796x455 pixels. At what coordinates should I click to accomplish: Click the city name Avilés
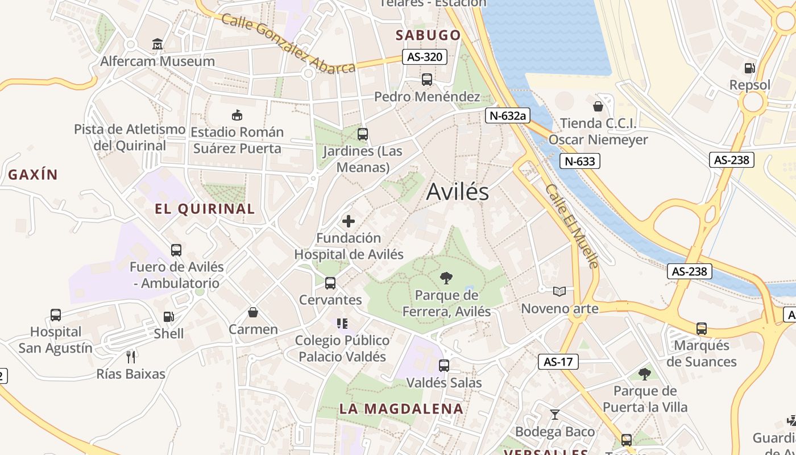coord(457,192)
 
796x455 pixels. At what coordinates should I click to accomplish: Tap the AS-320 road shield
coord(424,57)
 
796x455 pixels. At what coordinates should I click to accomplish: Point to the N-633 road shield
coord(580,162)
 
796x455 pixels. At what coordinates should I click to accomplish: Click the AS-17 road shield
coord(558,362)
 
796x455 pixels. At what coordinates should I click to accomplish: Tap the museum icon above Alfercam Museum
coord(157,44)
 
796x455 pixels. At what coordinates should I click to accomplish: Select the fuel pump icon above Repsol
coord(750,68)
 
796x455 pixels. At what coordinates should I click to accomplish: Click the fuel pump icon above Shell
coord(169,317)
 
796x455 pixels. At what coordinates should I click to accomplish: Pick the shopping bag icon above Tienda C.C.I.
coord(598,106)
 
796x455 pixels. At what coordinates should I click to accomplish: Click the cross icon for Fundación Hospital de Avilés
coord(349,221)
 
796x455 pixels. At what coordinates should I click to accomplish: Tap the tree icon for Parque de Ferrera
coord(446,278)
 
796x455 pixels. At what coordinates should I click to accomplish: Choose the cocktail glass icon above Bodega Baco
coord(555,415)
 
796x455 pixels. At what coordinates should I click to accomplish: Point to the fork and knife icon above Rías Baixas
coord(131,357)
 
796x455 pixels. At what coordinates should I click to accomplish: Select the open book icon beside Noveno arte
coord(559,292)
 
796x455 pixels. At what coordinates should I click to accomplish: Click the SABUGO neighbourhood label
coord(428,35)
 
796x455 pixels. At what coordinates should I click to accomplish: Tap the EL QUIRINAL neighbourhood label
coord(205,209)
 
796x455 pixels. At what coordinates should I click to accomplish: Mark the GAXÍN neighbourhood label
coord(33,175)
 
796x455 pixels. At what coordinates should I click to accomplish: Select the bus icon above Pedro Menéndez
coord(427,80)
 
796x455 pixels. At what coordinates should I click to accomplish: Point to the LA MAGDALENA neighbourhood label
coord(401,408)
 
